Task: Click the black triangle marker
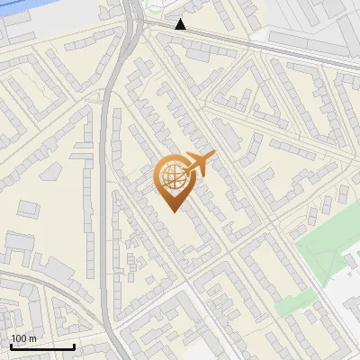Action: click(181, 24)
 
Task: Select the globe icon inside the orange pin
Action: click(174, 176)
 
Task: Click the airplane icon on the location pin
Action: click(199, 164)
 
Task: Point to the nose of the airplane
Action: click(213, 155)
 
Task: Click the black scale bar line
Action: click(42, 346)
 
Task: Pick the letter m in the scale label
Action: click(32, 338)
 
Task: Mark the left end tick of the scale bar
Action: click(11, 345)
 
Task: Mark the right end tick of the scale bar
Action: click(74, 345)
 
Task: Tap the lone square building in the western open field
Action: click(28, 209)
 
